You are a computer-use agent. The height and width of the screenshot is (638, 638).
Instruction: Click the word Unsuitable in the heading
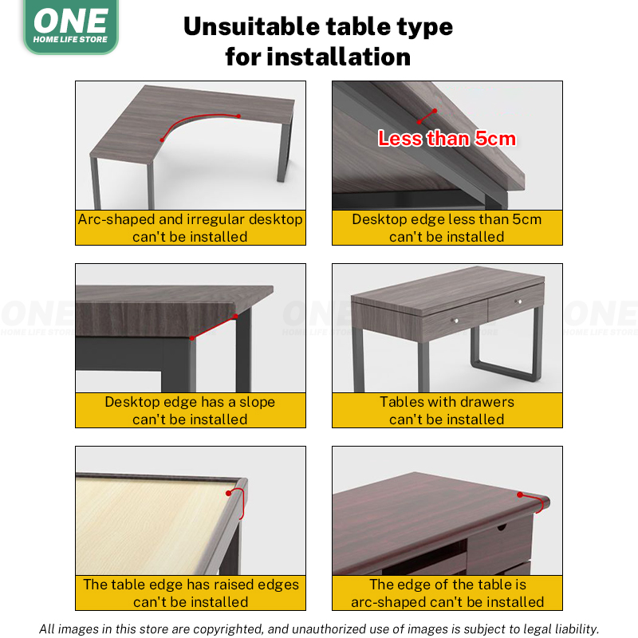pos(248,26)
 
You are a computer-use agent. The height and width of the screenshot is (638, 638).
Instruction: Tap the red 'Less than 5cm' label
pos(447,138)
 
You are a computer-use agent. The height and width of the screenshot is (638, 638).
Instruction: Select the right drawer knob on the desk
pos(518,301)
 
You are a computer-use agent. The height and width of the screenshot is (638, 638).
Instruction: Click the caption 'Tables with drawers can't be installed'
pos(447,411)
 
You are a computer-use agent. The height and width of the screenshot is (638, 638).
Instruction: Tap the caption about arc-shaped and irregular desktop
pos(190,227)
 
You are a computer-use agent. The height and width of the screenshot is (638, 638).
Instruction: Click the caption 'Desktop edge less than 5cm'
pos(447,227)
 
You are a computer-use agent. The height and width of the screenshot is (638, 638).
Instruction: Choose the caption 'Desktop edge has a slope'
pos(190,411)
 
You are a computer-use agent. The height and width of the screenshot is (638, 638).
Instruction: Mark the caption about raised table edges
pos(190,593)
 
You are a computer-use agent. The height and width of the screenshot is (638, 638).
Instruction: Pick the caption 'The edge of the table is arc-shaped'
pos(447,593)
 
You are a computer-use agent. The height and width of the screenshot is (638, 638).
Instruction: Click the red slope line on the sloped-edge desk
pos(214,327)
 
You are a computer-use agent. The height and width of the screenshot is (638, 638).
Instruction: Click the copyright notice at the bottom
pos(319,629)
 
